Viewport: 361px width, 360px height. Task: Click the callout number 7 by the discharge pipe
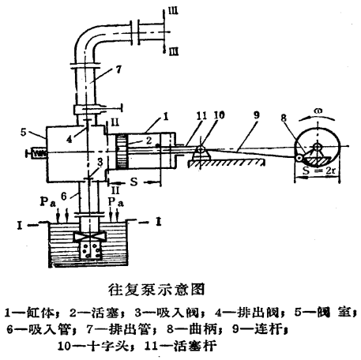coord(118,69)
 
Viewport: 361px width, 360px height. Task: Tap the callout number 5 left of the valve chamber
coord(24,132)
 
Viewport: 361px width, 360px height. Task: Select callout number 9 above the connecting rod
coord(256,115)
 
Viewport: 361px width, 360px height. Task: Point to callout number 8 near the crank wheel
coord(284,118)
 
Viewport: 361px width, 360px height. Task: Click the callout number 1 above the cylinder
coord(166,116)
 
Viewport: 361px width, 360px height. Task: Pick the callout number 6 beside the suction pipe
coord(64,196)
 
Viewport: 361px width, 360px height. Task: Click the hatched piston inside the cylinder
coord(122,152)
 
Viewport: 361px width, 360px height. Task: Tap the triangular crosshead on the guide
coord(201,152)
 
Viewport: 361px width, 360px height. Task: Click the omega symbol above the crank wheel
coord(318,111)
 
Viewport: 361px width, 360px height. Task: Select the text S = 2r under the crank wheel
coord(319,171)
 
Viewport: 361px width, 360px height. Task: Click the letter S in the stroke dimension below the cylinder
coord(134,182)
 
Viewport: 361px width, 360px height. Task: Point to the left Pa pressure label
coord(47,202)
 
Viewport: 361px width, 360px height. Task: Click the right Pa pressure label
coord(116,202)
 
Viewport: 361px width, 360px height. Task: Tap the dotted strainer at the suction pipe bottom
coord(90,250)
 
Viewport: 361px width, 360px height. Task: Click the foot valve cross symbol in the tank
coord(90,237)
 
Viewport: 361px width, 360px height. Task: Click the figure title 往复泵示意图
coord(156,290)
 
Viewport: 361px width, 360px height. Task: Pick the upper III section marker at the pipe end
coord(173,11)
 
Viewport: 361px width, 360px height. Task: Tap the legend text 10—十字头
coord(94,346)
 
